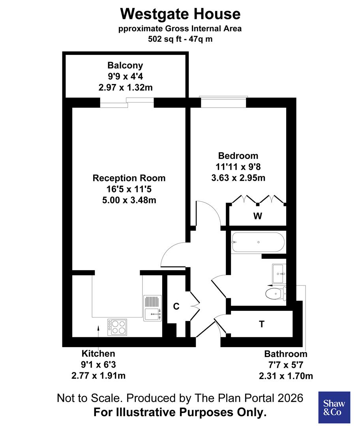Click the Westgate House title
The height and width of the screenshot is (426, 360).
click(180, 14)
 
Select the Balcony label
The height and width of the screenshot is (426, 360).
click(125, 65)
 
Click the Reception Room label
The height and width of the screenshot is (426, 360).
click(129, 178)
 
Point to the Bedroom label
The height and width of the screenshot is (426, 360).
click(238, 155)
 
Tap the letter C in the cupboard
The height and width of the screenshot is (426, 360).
click(177, 306)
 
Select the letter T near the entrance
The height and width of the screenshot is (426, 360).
click(261, 324)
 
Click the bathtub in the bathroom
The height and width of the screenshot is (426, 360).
click(257, 242)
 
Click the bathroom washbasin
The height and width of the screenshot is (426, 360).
click(279, 273)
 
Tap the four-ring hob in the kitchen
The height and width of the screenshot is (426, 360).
click(117, 327)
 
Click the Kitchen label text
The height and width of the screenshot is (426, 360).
click(98, 353)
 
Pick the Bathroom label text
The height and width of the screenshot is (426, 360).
click(285, 354)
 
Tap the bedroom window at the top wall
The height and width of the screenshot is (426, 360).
click(224, 102)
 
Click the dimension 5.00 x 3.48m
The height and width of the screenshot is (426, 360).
click(129, 200)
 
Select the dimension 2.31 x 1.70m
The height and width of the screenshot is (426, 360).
click(286, 376)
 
